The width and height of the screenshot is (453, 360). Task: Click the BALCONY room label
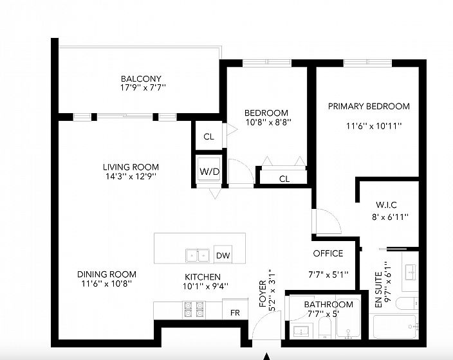[141, 79]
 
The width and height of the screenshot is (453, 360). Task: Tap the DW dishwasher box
[223, 254]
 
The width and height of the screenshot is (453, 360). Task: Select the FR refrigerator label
[235, 312]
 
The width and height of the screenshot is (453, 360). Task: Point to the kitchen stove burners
[194, 309]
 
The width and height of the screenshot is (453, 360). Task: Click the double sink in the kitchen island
[198, 255]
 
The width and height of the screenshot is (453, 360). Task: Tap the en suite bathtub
[395, 326]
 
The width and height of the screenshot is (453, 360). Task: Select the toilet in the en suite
[407, 303]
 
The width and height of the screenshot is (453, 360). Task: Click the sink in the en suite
[411, 272]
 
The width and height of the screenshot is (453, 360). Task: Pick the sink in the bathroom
[300, 331]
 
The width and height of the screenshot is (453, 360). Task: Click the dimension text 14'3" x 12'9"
[131, 176]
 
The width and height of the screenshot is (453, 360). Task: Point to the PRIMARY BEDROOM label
[369, 106]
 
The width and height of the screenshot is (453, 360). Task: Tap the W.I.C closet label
[386, 205]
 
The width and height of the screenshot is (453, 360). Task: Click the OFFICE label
[328, 253]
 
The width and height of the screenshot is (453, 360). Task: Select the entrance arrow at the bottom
[267, 356]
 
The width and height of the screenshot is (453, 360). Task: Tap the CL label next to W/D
[209, 136]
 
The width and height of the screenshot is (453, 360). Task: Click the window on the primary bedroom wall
[368, 62]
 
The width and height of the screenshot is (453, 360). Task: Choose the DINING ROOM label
[107, 274]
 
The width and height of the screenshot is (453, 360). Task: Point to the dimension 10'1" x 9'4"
[205, 286]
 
